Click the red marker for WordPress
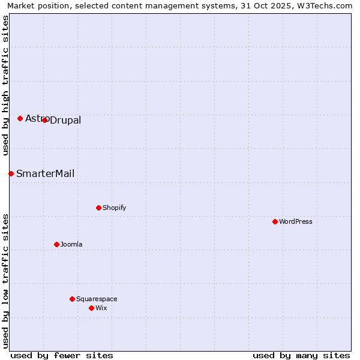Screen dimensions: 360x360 [x=275, y=221]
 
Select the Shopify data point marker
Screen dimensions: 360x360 [x=98, y=208]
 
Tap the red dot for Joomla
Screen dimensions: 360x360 [x=56, y=244]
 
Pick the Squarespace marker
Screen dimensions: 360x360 [x=72, y=299]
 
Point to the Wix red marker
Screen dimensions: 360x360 [x=91, y=308]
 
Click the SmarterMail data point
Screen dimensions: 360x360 [x=11, y=173]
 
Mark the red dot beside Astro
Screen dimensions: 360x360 [x=20, y=118]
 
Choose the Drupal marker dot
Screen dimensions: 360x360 [x=44, y=120]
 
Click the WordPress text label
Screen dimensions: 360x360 [x=296, y=221]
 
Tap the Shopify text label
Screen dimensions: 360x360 [x=115, y=208]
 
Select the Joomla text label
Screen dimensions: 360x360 [x=71, y=244]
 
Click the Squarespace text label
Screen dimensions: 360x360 [x=97, y=299]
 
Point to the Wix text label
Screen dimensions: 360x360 [x=101, y=308]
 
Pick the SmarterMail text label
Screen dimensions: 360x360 [x=46, y=174]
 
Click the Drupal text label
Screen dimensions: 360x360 [x=65, y=121]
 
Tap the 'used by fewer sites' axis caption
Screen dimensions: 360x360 [x=62, y=355]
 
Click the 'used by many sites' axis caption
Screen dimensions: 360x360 [x=301, y=355]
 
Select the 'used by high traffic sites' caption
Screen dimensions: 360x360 [x=5, y=85]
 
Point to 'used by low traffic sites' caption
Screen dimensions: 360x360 [x=5, y=280]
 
